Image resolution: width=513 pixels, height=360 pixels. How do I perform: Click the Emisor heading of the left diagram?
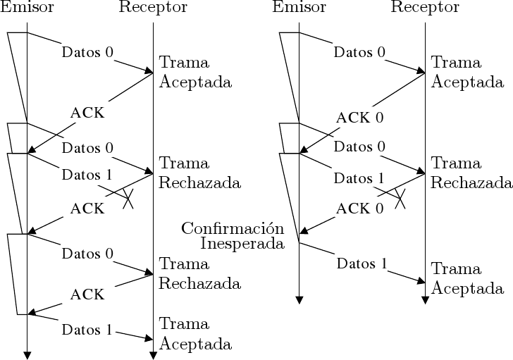point(27,8)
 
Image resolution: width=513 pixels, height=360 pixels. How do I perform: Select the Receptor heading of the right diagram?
point(425,8)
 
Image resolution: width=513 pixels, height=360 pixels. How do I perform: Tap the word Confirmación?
point(233,228)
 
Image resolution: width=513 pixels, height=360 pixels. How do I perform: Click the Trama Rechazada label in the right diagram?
point(471,173)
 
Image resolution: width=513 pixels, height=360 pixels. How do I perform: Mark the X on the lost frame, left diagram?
point(128,197)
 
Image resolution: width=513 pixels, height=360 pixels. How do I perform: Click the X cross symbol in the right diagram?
point(400,197)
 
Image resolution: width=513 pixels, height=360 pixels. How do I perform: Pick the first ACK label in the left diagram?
point(87,113)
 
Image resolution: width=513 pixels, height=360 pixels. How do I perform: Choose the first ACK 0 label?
point(359,117)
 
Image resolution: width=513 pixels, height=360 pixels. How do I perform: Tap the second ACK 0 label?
point(359,208)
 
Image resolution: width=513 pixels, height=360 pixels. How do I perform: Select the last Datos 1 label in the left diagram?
point(87,329)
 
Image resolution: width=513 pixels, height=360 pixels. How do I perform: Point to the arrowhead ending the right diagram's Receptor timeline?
point(425,300)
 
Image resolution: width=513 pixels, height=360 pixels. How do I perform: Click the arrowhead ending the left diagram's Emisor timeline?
point(27,354)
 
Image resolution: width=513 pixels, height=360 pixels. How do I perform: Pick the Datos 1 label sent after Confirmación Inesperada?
point(362,264)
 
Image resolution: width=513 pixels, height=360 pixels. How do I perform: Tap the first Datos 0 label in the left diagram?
point(87,51)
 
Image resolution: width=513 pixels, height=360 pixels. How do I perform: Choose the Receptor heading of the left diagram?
point(153,8)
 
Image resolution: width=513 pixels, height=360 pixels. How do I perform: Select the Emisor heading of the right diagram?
point(299,8)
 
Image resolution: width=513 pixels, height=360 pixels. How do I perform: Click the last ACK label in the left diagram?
point(87,293)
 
